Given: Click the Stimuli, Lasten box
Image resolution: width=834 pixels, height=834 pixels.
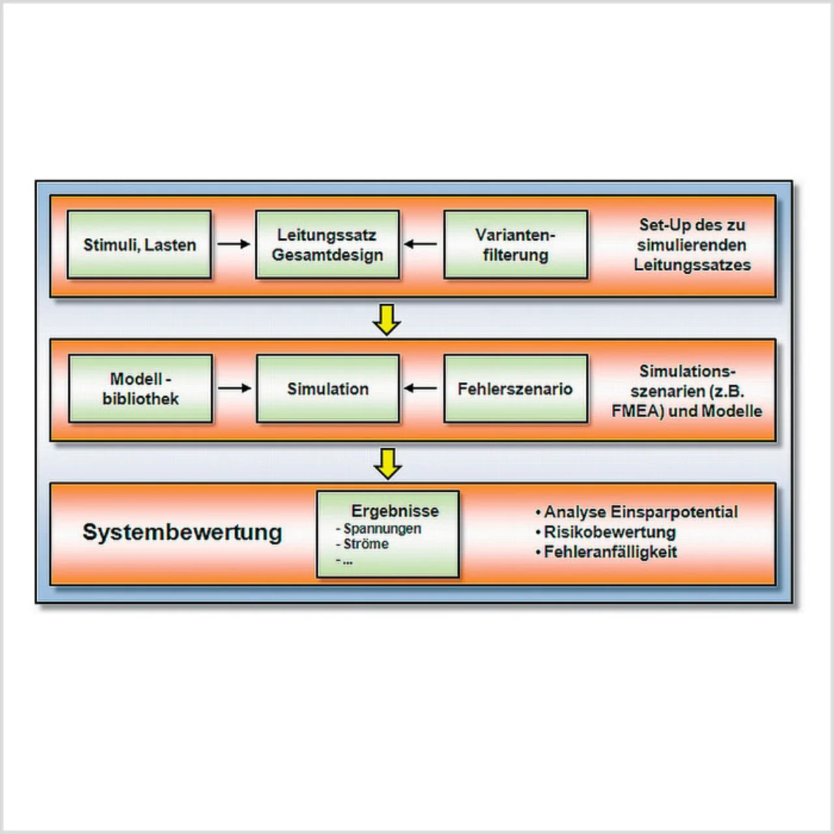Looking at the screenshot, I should tap(139, 245).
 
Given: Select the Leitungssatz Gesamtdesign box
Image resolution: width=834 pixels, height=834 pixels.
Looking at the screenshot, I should tap(327, 245).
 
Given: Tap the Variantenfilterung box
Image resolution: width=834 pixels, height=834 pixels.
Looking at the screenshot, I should tap(515, 245).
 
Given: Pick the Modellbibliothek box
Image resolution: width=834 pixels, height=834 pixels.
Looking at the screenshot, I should tap(140, 389).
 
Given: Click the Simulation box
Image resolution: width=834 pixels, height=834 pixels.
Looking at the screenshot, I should tap(328, 389).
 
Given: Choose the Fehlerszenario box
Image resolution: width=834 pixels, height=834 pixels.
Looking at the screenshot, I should tap(515, 389).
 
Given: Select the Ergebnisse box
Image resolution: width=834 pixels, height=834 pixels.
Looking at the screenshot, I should tap(388, 534).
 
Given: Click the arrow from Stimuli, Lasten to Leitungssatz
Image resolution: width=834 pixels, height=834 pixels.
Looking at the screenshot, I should tap(233, 244).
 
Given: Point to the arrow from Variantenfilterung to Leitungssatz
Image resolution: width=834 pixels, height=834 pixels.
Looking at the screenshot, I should tap(421, 244).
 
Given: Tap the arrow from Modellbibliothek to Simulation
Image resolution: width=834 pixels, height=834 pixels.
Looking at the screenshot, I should tap(234, 388).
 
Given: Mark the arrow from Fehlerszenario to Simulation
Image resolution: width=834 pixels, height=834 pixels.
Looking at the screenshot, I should tap(421, 388).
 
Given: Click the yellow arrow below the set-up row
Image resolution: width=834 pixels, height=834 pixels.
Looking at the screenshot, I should tap(387, 319).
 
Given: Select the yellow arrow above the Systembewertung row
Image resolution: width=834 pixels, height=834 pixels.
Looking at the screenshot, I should tap(388, 463).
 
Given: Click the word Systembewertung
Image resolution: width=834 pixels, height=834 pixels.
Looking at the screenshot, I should tap(182, 532).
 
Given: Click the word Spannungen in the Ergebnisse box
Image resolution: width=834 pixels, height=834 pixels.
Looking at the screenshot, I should tap(382, 529).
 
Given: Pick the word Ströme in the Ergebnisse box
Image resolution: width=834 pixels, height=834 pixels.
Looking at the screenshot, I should tap(366, 544).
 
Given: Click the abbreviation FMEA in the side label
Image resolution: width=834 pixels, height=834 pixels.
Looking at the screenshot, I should tap(635, 411).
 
